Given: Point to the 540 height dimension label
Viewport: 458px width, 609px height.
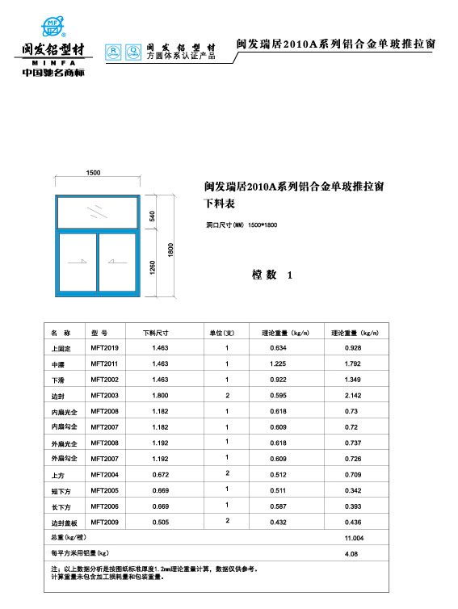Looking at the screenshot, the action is [152, 216].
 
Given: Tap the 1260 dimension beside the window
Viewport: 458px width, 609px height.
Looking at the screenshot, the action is [152, 267].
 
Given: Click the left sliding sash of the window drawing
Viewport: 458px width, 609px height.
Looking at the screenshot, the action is [78, 263].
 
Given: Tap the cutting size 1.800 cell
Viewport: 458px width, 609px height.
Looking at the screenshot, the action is [160, 395].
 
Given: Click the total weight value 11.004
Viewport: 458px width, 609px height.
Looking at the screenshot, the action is [354, 538].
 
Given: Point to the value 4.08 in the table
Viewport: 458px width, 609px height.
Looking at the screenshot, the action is [351, 554].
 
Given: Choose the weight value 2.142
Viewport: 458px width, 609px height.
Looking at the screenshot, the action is [352, 395].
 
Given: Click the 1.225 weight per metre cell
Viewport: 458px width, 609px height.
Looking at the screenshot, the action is [279, 363].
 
